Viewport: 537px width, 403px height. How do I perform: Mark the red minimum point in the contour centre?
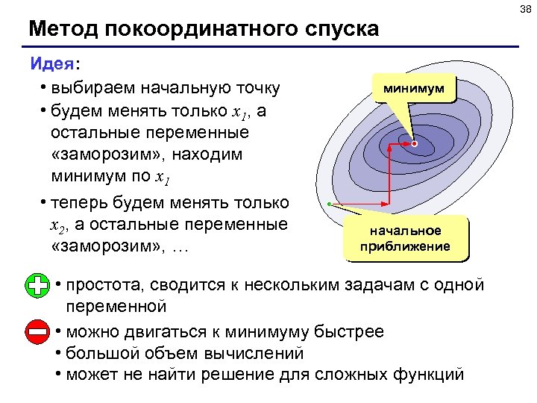coord(415,143)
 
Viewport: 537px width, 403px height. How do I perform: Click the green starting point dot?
coord(329,204)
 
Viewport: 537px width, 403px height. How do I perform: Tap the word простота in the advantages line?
coord(105,285)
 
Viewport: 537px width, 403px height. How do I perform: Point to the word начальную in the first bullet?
coord(179,88)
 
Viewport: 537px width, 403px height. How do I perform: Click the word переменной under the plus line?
coord(115,306)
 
